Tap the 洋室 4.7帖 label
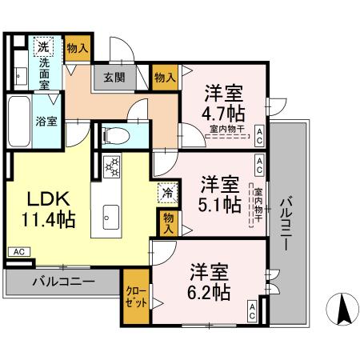tap(224, 101)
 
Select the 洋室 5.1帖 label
tap(218, 193)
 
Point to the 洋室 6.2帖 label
tap(210, 279)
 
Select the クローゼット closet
tap(134, 298)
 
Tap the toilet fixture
tap(111, 135)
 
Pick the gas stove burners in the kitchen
tap(112, 166)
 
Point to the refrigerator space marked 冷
tap(167, 192)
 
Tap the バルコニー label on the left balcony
tap(63, 282)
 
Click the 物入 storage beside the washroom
tap(77, 48)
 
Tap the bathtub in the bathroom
tap(18, 119)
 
